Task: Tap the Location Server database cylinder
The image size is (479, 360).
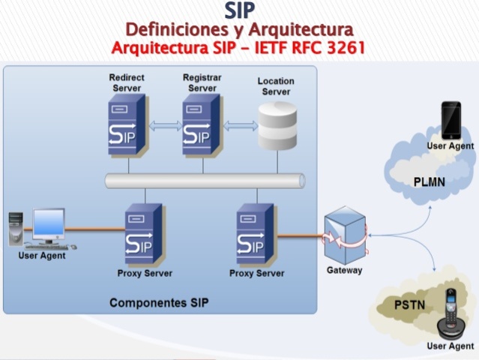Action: (277, 126)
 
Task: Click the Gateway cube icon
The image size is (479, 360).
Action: (345, 236)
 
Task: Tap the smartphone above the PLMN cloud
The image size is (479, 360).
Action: (451, 120)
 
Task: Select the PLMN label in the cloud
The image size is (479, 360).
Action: (430, 182)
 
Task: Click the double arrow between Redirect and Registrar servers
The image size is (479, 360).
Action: (164, 126)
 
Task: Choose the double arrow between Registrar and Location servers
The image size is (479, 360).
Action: (240, 126)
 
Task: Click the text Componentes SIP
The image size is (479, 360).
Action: (159, 303)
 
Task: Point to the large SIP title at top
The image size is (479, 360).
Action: (239, 10)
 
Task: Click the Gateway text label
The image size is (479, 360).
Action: (344, 270)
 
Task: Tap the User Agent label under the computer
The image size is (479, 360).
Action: (41, 256)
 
